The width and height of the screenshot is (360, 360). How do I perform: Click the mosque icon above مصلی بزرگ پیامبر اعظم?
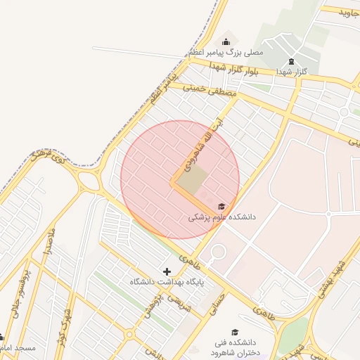pos(226,41)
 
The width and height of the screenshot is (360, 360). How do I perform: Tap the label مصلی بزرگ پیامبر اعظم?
pos(226,53)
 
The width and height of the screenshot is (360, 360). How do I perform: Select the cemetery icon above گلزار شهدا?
pos(291,62)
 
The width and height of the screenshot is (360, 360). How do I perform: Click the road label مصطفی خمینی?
pos(211,90)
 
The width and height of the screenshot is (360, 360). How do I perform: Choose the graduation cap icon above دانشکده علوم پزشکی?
pos(222,206)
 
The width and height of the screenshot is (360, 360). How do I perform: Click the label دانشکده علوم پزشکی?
pos(221,218)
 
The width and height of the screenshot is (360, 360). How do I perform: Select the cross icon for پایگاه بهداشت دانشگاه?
pos(167,271)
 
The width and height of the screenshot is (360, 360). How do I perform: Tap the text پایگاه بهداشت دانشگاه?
pos(167,282)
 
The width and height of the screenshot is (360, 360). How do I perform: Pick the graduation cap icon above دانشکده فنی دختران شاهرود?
pos(235,332)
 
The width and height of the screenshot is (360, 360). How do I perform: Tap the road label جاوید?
pos(349,13)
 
